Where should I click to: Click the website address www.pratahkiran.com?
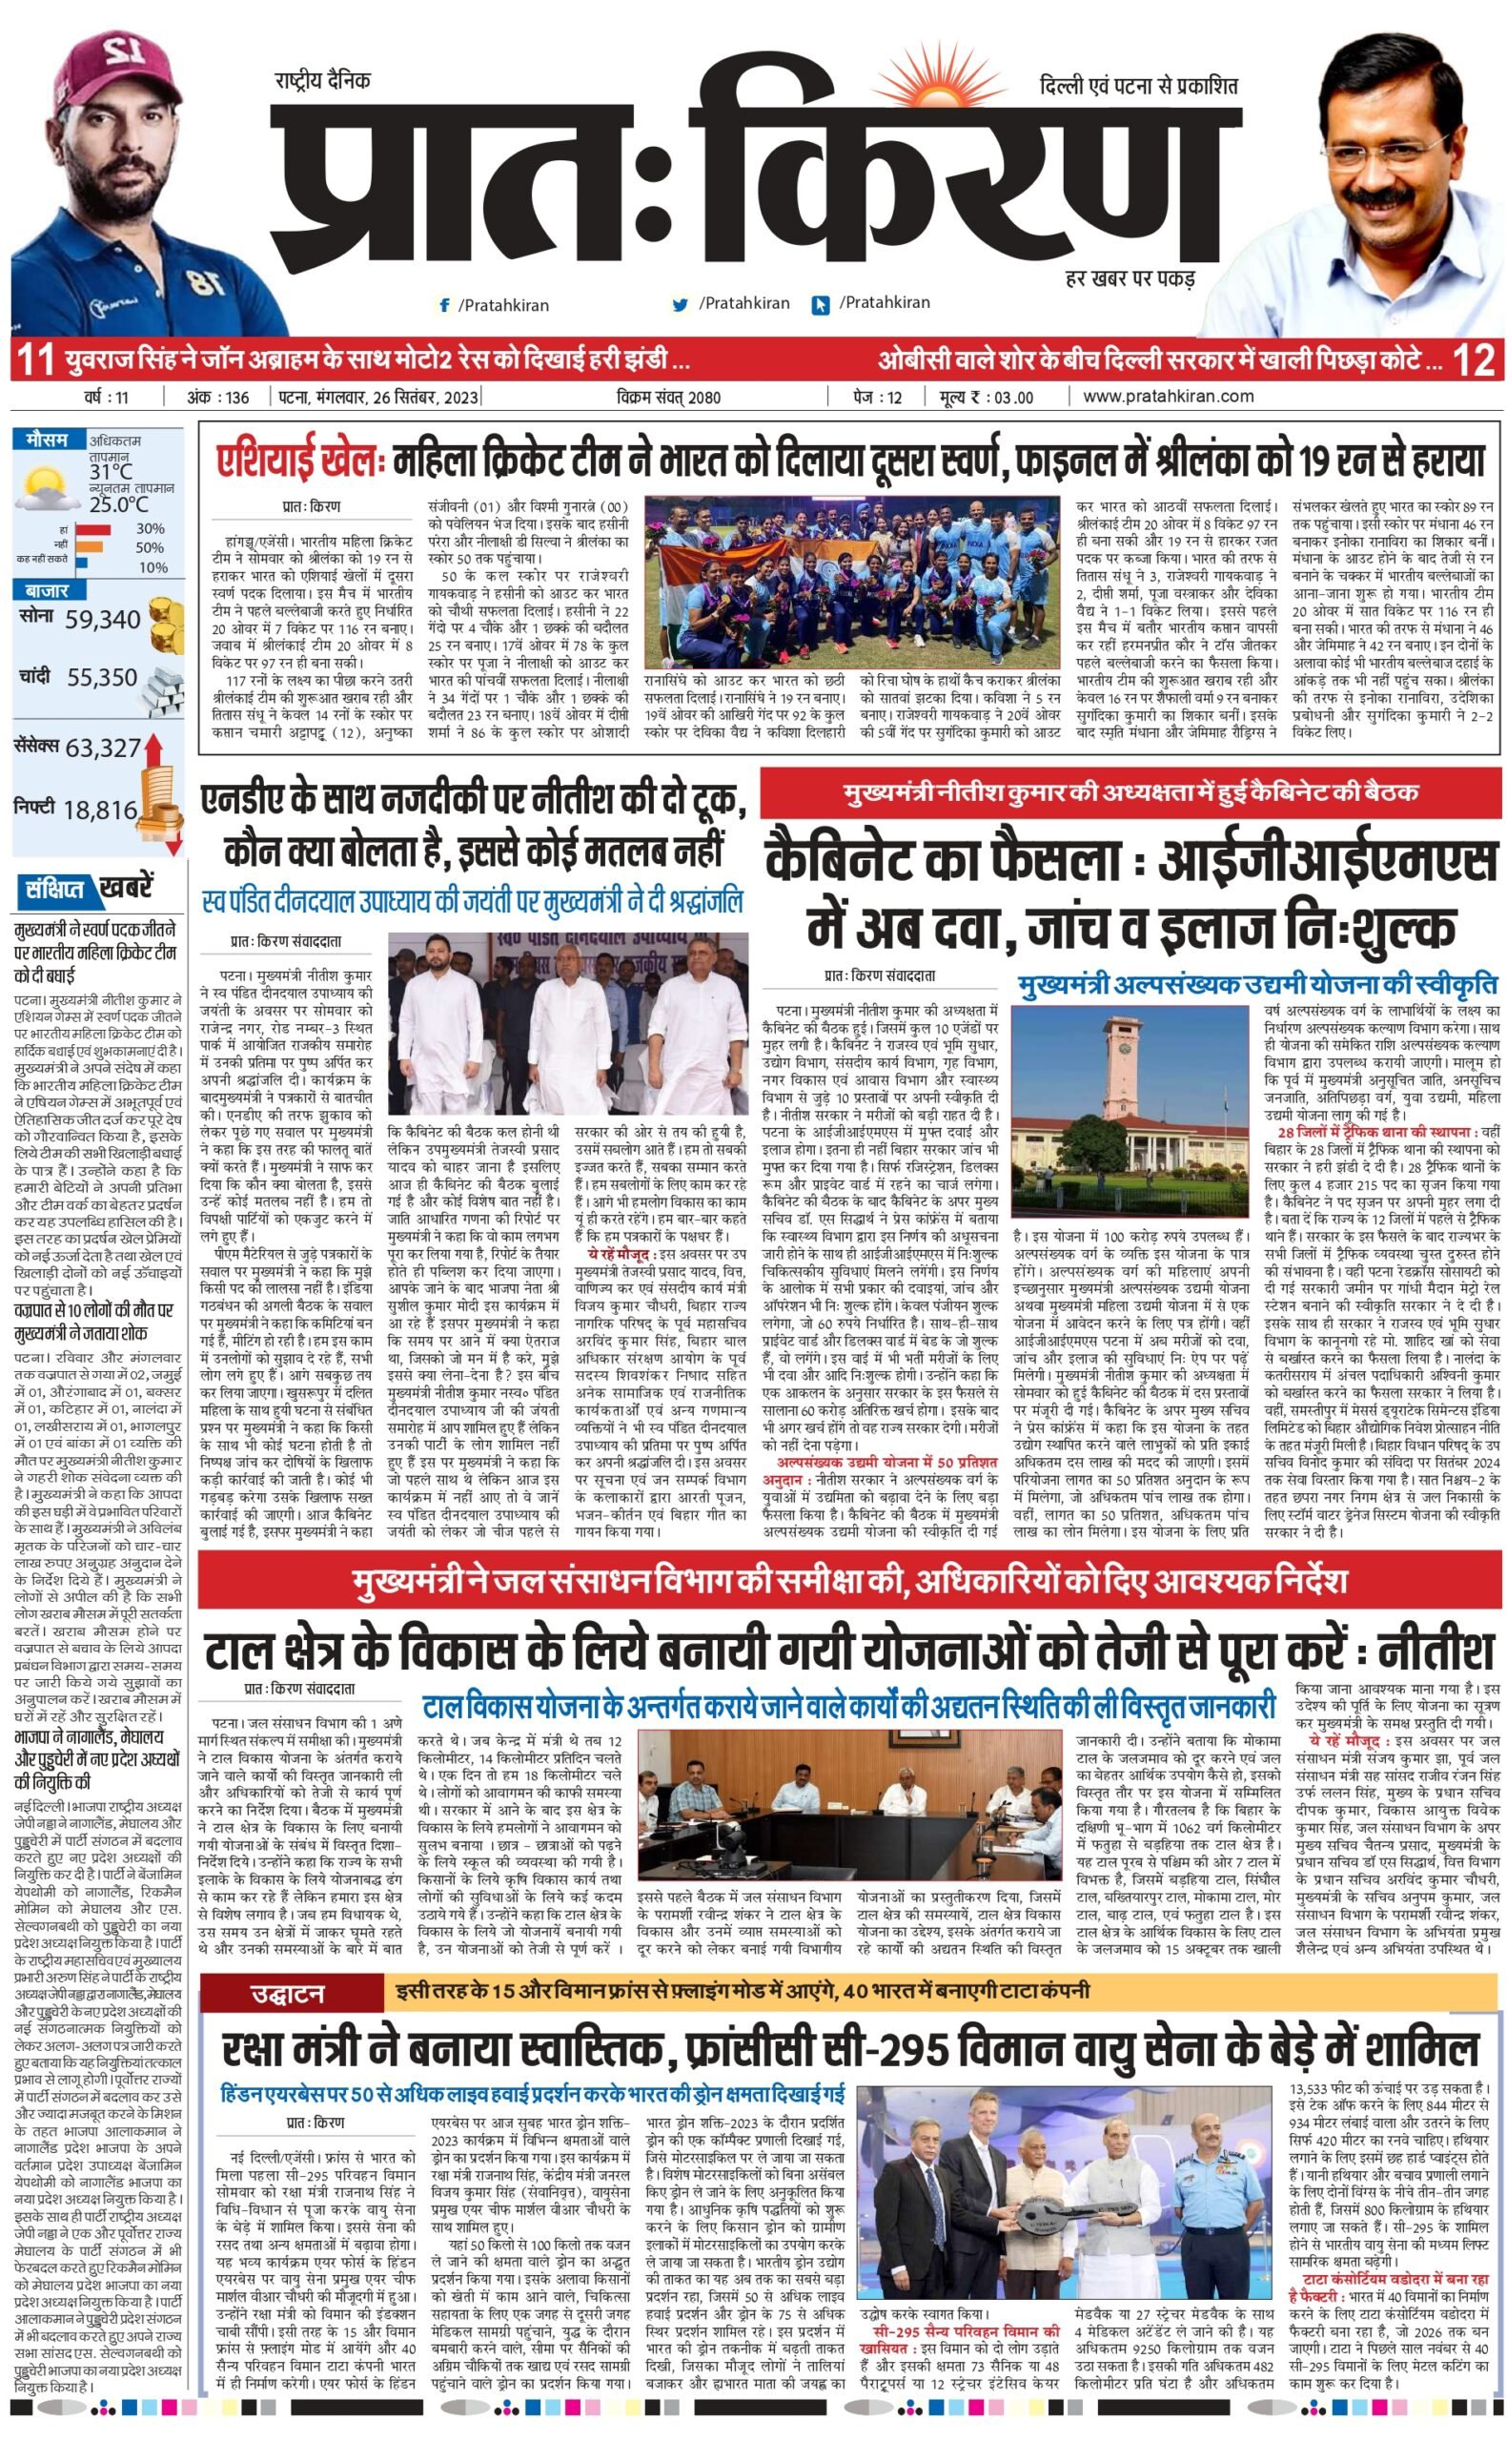point(1168,396)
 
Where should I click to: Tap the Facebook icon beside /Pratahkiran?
point(443,305)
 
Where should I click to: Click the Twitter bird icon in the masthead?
point(681,305)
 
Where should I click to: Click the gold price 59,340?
point(103,620)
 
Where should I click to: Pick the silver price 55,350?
point(103,678)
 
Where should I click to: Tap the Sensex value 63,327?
point(103,748)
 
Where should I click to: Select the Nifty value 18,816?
point(100,810)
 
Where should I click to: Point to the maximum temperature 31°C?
point(111,471)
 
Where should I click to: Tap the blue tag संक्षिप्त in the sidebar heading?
point(55,888)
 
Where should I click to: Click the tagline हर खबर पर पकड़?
point(1130,278)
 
